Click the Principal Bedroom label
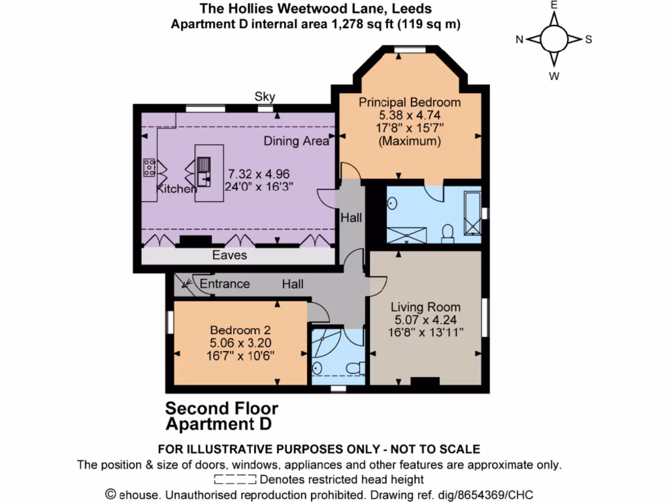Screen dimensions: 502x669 pyautogui.click(x=410, y=102)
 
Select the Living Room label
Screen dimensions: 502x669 pyautogui.click(x=425, y=307)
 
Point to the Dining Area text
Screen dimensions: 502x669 pyautogui.click(x=296, y=141)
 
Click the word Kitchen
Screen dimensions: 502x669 pyautogui.click(x=175, y=189)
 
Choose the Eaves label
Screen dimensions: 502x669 pyautogui.click(x=229, y=255)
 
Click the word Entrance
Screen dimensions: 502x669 pyautogui.click(x=225, y=284)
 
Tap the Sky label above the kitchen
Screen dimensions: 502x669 pyautogui.click(x=265, y=97)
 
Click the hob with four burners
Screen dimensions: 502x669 pyautogui.click(x=149, y=168)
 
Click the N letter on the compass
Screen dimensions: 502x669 pyautogui.click(x=519, y=39)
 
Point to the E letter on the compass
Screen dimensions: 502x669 pyautogui.click(x=553, y=5)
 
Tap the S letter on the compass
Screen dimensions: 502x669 pyautogui.click(x=588, y=39)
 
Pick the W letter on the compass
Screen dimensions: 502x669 pyautogui.click(x=553, y=75)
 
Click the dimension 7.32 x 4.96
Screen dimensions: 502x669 pyautogui.click(x=258, y=174)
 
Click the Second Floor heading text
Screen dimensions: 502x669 pyautogui.click(x=221, y=409)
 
